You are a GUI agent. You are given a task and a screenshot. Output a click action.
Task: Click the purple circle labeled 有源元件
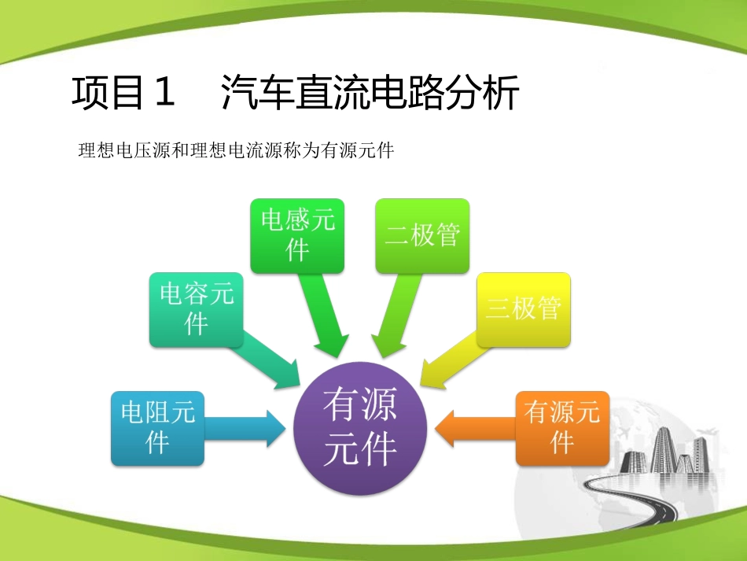point(360,429)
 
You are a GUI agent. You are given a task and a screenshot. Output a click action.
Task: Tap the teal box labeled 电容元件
point(196,310)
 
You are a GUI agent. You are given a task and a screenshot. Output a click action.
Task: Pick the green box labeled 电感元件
point(297,235)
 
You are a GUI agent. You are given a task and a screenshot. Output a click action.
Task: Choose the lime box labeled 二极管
point(422,235)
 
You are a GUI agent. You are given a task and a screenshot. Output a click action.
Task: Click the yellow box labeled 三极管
point(523,310)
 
